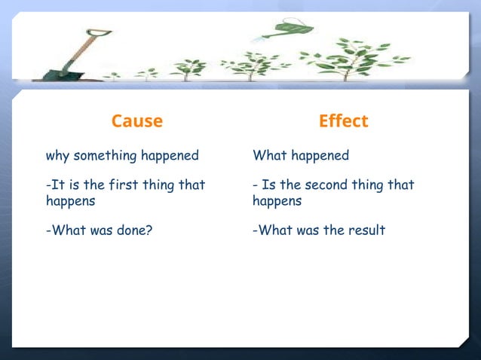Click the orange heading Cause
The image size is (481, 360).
(136, 121)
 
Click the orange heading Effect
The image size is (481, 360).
(343, 121)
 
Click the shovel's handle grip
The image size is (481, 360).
(98, 33)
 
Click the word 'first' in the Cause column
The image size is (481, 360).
(127, 185)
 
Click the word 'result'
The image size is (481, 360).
(366, 230)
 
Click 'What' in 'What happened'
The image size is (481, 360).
(267, 156)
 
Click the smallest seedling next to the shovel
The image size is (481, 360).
(112, 75)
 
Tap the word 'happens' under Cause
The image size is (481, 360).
(70, 201)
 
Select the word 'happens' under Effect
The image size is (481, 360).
(277, 201)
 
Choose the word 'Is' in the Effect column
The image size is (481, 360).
(268, 185)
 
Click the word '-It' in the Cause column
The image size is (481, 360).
(54, 185)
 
